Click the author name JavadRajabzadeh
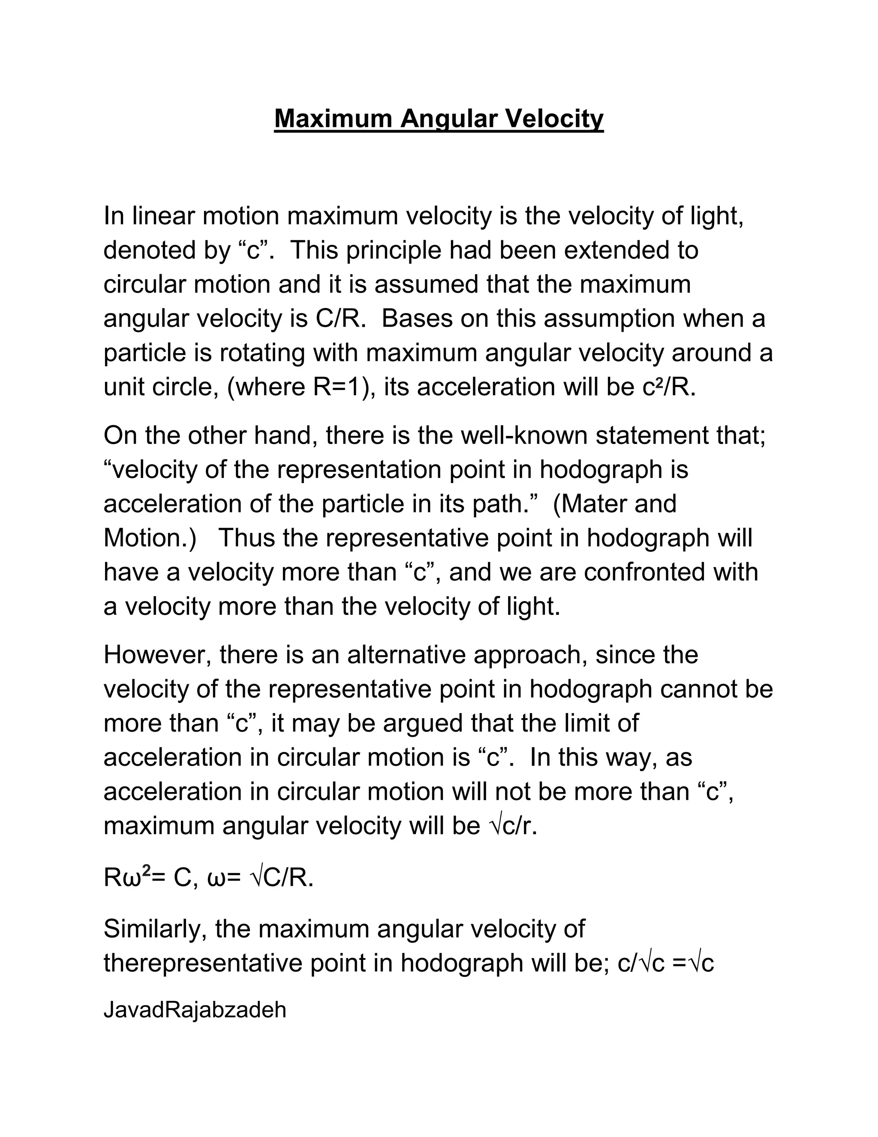(195, 1010)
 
